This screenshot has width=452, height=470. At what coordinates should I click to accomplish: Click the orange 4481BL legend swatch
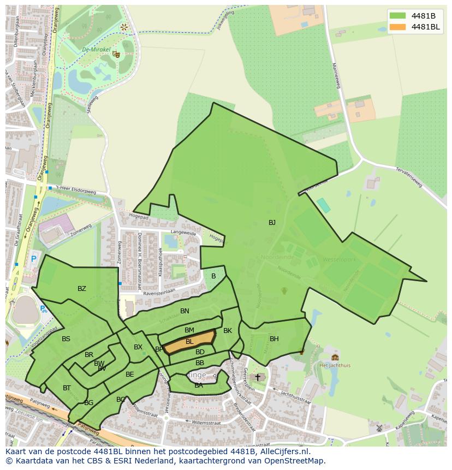[397, 27]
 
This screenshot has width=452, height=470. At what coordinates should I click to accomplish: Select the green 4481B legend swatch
[397, 15]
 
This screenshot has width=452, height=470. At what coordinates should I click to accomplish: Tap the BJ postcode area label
[272, 222]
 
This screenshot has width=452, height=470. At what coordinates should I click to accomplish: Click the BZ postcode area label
[82, 289]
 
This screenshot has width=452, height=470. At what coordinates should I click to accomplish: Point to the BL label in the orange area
[189, 342]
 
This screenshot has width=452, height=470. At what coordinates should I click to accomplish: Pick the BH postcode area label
[274, 339]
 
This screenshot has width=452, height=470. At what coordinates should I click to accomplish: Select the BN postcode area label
[185, 311]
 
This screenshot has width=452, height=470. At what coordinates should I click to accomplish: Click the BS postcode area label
[66, 339]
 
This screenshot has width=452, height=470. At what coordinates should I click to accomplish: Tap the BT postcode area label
[67, 388]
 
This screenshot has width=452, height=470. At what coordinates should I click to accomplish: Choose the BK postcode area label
[228, 331]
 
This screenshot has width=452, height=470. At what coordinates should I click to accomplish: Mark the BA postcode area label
[199, 385]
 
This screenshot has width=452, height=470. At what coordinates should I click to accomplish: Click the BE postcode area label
[130, 374]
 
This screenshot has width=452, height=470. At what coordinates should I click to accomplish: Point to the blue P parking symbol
[34, 259]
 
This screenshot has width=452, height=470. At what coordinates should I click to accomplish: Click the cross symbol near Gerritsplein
[258, 377]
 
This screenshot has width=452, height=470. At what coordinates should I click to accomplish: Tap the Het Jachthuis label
[335, 365]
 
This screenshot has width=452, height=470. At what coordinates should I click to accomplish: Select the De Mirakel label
[93, 49]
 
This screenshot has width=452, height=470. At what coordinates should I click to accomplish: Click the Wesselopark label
[340, 259]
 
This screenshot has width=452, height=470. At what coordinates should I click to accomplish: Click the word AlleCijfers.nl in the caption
[282, 452]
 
